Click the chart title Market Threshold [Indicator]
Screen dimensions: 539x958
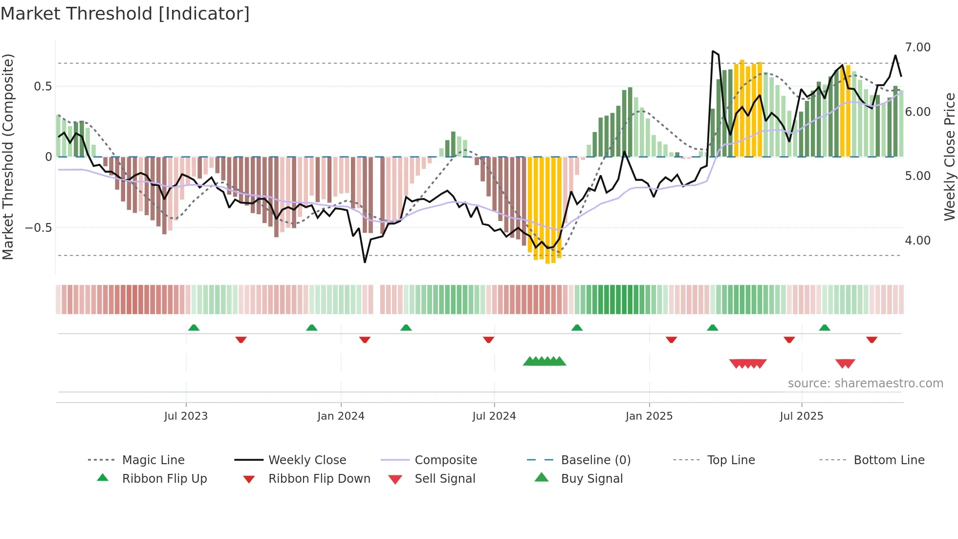click(125, 14)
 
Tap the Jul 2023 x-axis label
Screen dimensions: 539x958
click(186, 416)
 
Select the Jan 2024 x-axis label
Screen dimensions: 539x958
click(341, 416)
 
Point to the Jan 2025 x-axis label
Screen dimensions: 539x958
click(649, 416)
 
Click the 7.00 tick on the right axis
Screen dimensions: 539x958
click(917, 47)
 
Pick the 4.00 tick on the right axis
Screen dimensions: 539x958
click(917, 241)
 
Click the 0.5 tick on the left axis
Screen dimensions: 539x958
click(43, 87)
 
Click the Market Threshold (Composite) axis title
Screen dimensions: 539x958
click(8, 157)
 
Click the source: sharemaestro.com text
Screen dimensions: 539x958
click(865, 383)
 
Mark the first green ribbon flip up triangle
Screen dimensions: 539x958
click(194, 327)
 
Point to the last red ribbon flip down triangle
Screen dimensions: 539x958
click(871, 339)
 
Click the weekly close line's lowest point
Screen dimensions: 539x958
click(365, 262)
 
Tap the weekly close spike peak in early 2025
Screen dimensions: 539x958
click(713, 51)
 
